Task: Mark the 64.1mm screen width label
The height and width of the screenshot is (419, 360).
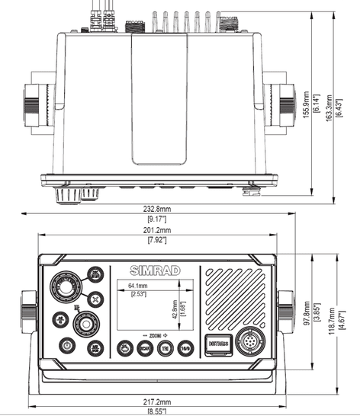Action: click(138, 286)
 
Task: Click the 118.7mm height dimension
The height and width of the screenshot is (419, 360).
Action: click(330, 323)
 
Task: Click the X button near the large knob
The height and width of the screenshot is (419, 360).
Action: click(94, 299)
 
